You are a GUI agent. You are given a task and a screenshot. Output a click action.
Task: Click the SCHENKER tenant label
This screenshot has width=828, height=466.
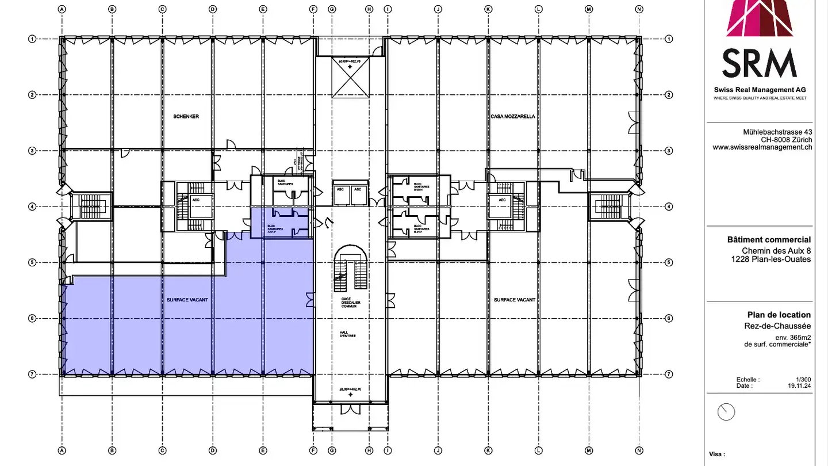186,116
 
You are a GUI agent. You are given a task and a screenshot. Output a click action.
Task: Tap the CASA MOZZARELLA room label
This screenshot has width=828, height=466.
513,116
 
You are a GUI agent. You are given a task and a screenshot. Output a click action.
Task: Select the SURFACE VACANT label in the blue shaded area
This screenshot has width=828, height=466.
187,300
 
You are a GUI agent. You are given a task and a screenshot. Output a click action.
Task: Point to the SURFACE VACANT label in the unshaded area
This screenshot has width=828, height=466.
515,300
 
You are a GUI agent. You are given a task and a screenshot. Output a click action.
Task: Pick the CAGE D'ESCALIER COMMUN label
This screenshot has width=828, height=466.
349,303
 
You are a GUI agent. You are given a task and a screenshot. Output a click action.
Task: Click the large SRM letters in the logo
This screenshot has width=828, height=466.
760,64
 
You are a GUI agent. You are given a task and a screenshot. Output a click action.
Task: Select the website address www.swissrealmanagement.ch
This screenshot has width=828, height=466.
762,147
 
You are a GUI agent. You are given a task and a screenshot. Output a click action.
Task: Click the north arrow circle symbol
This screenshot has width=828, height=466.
727,412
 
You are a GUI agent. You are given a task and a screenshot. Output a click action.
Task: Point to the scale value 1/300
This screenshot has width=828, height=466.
803,380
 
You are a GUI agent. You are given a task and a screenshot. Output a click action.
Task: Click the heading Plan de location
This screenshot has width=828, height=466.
779,315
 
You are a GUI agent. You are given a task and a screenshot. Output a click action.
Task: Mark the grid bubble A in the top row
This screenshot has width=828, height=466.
62,9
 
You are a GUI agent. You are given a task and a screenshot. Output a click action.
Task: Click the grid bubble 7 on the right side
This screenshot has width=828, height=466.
669,374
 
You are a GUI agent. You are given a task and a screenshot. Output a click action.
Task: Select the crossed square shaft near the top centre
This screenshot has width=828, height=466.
350,81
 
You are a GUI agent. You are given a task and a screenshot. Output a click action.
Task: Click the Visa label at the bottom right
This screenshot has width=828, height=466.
717,454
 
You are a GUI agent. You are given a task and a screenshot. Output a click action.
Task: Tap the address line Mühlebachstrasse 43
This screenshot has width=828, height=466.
777,132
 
